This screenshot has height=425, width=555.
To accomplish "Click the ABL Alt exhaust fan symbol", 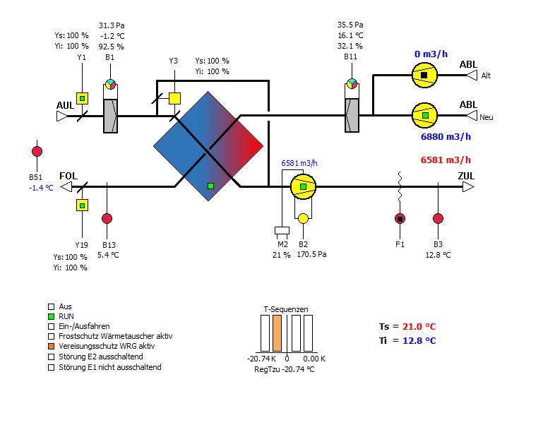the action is [x=424, y=76].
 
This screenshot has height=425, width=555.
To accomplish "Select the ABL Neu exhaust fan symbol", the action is [x=424, y=115].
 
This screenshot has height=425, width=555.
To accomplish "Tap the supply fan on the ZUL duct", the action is [x=303, y=186].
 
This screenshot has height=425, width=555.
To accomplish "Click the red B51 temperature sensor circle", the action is [x=37, y=152].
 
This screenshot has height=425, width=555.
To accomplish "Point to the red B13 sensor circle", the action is [x=107, y=218].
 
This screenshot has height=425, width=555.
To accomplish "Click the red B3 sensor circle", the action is [x=438, y=218].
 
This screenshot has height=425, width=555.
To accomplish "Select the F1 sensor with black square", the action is [x=400, y=219].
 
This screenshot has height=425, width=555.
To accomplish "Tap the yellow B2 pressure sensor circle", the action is [x=303, y=218].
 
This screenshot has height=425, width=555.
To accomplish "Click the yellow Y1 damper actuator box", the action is [x=82, y=98].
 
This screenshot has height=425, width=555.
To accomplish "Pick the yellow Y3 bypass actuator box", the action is [x=174, y=98].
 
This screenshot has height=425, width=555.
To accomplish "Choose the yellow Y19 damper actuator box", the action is [x=82, y=205].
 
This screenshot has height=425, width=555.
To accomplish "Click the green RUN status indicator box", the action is [x=52, y=316].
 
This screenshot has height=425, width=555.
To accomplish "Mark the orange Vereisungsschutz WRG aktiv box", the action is [x=52, y=346].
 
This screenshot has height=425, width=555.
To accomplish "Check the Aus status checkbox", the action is [x=52, y=306].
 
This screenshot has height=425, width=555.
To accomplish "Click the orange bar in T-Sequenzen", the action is [x=277, y=333].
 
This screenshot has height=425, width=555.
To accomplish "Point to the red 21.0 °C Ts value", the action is [x=419, y=326].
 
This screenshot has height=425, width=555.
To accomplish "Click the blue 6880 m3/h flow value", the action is [x=446, y=136].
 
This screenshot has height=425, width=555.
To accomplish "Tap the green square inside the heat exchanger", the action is [x=210, y=186].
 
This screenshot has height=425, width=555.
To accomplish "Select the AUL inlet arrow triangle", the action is [x=62, y=116].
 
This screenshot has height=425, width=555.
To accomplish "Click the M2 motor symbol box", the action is [x=282, y=230].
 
